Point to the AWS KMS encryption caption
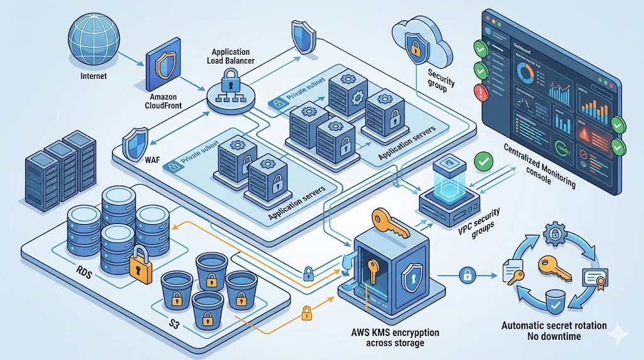click(x=396, y=337)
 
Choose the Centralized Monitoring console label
click(x=540, y=165)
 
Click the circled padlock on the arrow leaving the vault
click(x=467, y=274)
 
